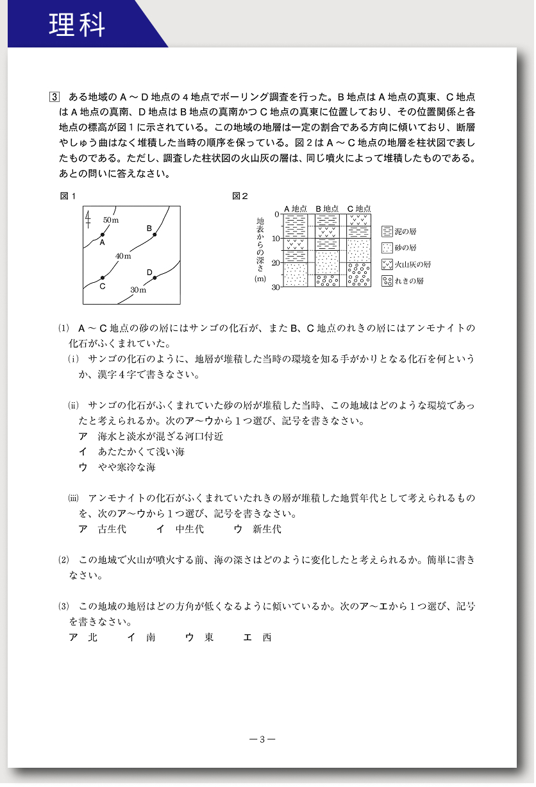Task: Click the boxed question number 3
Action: [x=54, y=97]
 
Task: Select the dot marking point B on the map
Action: [x=155, y=235]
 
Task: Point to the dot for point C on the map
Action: [x=103, y=278]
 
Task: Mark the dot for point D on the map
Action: [x=155, y=278]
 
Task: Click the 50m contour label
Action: [x=111, y=221]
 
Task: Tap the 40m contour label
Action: [x=123, y=257]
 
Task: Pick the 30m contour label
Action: [x=138, y=291]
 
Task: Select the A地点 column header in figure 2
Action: [x=296, y=208]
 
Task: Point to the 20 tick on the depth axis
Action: [x=276, y=263]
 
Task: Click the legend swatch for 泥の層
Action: [x=387, y=232]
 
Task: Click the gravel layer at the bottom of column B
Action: [x=327, y=280]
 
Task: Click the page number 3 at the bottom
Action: [x=262, y=739]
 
